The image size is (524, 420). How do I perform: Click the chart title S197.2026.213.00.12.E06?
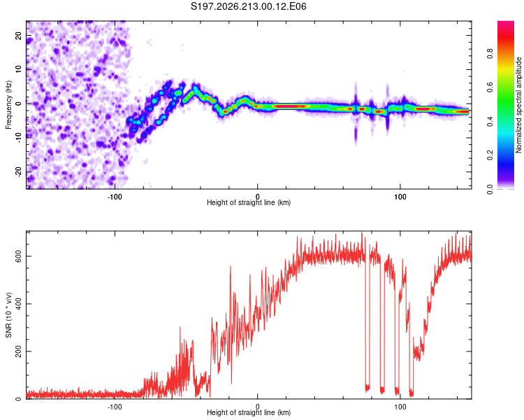(x=248, y=6)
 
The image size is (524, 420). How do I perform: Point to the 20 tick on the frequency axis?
(x=18, y=35)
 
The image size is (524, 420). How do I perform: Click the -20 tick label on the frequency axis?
(x=18, y=172)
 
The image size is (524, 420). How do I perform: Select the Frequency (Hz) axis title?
(x=8, y=105)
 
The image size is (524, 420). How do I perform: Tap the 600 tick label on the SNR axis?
(x=18, y=256)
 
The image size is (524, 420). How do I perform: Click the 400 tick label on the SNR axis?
(x=18, y=304)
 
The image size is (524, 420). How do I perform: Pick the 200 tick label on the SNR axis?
(x=18, y=351)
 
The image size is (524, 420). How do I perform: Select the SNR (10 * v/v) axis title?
(x=8, y=315)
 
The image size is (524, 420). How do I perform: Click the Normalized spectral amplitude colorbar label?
(x=518, y=105)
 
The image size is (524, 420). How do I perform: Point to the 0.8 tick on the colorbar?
(x=490, y=54)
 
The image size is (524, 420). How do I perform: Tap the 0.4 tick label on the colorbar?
(x=490, y=122)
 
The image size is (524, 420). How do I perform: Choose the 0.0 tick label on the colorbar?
(x=490, y=189)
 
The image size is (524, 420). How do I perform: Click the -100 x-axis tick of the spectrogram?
(x=115, y=197)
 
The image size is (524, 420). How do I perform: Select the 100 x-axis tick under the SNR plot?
(x=400, y=407)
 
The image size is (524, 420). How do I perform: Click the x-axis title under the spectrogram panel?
(x=249, y=202)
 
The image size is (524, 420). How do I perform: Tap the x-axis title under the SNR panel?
(x=249, y=412)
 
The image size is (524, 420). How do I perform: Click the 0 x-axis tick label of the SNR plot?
(x=257, y=407)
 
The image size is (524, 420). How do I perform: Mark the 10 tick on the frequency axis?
(x=18, y=69)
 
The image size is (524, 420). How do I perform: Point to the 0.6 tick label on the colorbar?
(x=490, y=87)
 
